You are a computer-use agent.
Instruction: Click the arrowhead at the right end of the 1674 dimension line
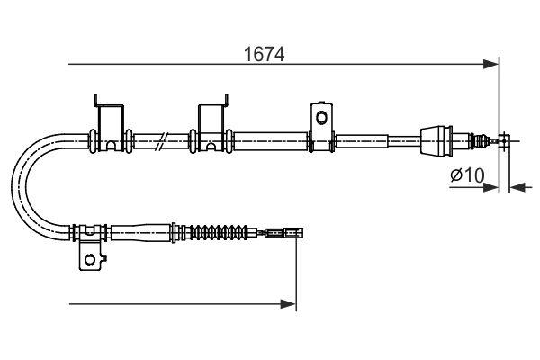pyautogui.click(x=491, y=64)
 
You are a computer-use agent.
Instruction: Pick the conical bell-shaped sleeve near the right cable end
pyautogui.click(x=440, y=139)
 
